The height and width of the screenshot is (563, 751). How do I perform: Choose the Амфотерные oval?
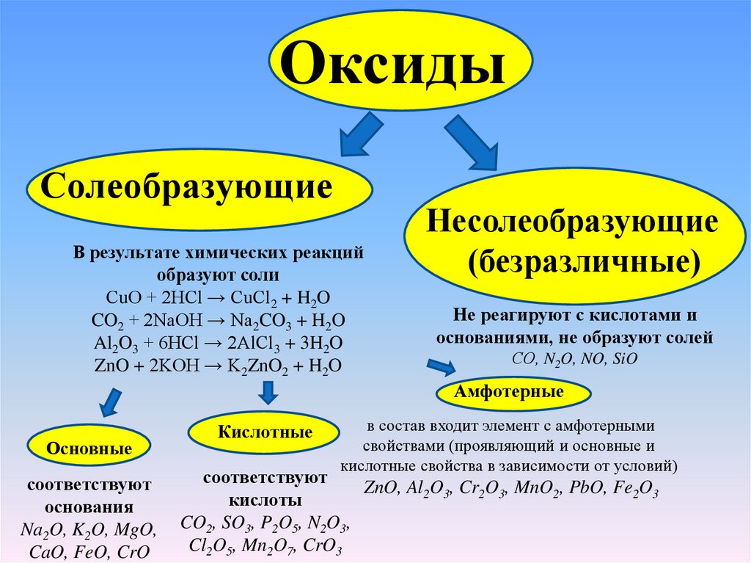click(x=513, y=392)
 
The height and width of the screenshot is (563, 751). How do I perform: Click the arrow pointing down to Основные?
click(x=110, y=402)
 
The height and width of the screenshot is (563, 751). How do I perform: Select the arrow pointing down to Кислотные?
click(x=267, y=394)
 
